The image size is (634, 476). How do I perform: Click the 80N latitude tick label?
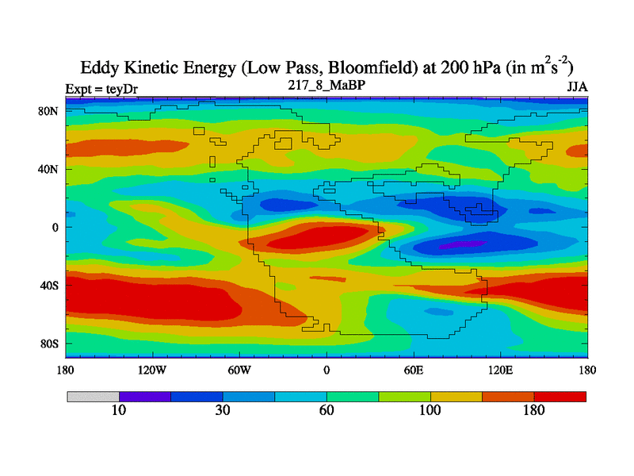coord(49,111)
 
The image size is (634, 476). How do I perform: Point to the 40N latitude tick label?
coord(49,169)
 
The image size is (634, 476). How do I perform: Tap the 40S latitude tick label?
coord(49,285)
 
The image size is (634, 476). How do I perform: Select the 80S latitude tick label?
coord(49,344)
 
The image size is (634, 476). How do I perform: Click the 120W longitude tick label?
coord(151,370)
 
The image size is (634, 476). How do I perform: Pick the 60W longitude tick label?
coord(239,370)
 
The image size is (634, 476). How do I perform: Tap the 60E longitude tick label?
coord(414,370)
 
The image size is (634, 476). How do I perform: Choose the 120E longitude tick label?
coord(501,370)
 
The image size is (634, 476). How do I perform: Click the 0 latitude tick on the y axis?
coord(55,228)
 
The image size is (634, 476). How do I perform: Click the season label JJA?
coord(576,86)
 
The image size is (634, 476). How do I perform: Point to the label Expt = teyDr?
coord(101,88)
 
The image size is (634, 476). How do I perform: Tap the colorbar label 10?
coord(119,410)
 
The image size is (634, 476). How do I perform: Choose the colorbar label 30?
coord(223,410)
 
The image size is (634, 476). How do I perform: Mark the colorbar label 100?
coord(430,410)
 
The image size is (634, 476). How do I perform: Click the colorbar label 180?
coord(534,410)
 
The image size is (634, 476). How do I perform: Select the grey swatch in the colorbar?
coord(93,396)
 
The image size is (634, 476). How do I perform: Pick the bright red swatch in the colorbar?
coord(560,396)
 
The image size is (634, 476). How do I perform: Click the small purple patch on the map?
coord(456,244)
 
